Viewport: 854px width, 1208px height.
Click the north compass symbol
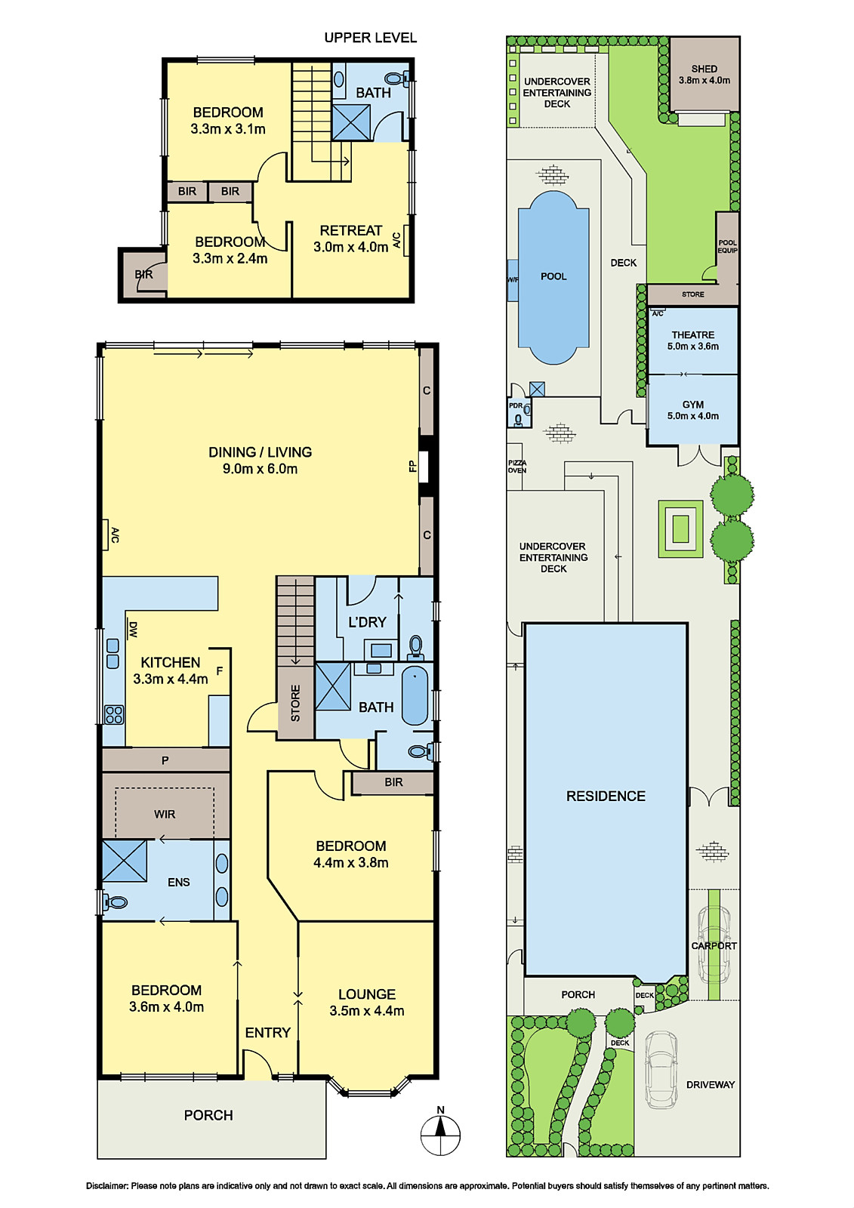(440, 1134)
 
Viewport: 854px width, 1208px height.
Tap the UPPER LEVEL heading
(370, 38)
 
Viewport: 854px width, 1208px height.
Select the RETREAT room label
(350, 230)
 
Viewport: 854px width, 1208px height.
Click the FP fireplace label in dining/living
(413, 466)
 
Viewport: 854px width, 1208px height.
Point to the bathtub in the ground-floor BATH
(415, 695)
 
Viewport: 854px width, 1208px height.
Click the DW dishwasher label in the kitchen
(133, 630)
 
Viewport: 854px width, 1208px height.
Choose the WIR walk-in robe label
(165, 814)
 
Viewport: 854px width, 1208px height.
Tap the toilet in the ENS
(114, 901)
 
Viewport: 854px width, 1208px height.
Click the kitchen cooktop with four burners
(114, 714)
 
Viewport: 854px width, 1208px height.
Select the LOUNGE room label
(367, 994)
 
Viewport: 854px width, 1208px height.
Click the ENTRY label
(267, 1032)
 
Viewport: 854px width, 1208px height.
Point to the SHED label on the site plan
(704, 69)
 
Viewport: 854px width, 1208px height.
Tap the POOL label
(553, 276)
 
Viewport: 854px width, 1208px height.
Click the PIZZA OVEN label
(516, 467)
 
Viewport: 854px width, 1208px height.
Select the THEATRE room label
(692, 335)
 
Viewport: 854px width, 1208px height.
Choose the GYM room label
(692, 405)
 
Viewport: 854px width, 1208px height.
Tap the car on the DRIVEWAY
(661, 1071)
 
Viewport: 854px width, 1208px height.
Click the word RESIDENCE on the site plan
(606, 796)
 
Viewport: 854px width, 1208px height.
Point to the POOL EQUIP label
(727, 246)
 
